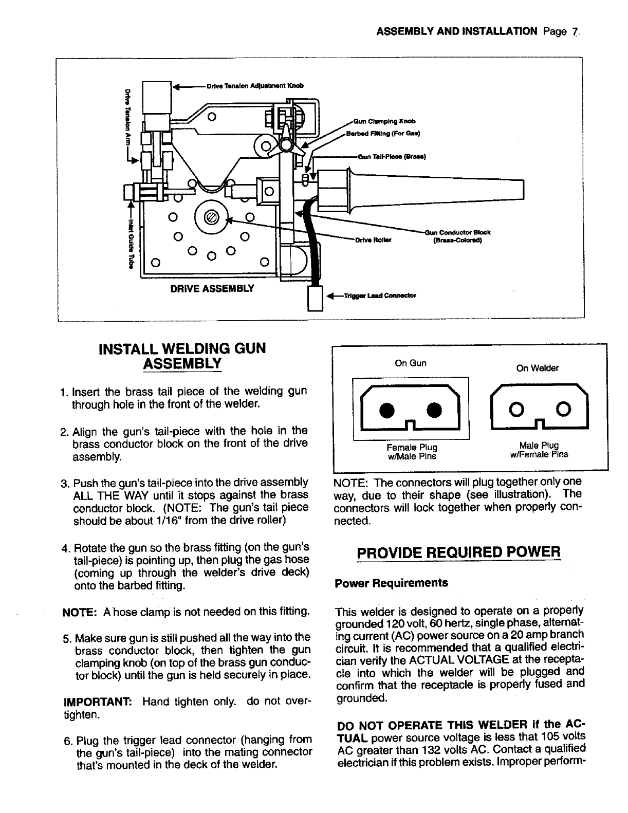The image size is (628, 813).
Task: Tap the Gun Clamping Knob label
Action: (384, 122)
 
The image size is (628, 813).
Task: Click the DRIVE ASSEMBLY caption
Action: (212, 288)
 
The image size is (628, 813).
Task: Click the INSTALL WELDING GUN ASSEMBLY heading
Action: (182, 356)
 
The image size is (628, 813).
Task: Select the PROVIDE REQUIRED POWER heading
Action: (457, 552)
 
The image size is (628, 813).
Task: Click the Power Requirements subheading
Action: (391, 583)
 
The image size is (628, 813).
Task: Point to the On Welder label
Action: (538, 368)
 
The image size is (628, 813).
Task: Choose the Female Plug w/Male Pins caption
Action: (412, 451)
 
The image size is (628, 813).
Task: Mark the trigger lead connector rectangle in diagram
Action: (314, 298)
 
